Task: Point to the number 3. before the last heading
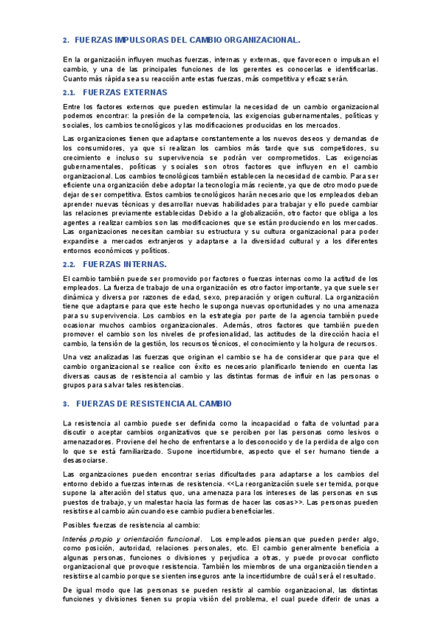tap(65, 403)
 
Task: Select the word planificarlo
tap(260, 366)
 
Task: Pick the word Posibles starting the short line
tap(78, 526)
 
